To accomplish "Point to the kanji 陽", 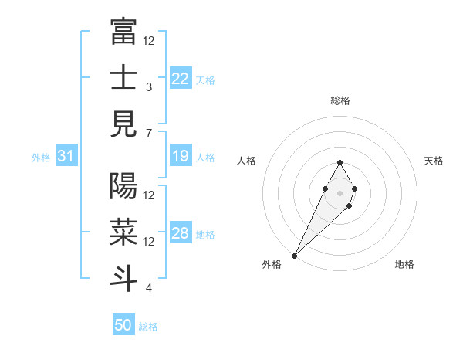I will point(123,185).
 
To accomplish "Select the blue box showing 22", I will point(181,79).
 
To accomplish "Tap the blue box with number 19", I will point(181,157).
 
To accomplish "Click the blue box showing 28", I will point(181,234).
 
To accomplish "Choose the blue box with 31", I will point(66,157).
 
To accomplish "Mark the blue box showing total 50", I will point(123,325).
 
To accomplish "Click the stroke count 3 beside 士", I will point(148,87).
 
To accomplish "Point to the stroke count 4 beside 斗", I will point(148,288).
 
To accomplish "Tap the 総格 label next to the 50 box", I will point(148,327).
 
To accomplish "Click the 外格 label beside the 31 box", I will point(41,158).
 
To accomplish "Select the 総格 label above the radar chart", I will point(340,100).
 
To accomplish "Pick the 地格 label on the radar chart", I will point(404,265).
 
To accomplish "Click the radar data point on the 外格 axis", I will point(295,254).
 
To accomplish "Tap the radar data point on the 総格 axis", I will point(340,162).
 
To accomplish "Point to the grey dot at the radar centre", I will point(340,192).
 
